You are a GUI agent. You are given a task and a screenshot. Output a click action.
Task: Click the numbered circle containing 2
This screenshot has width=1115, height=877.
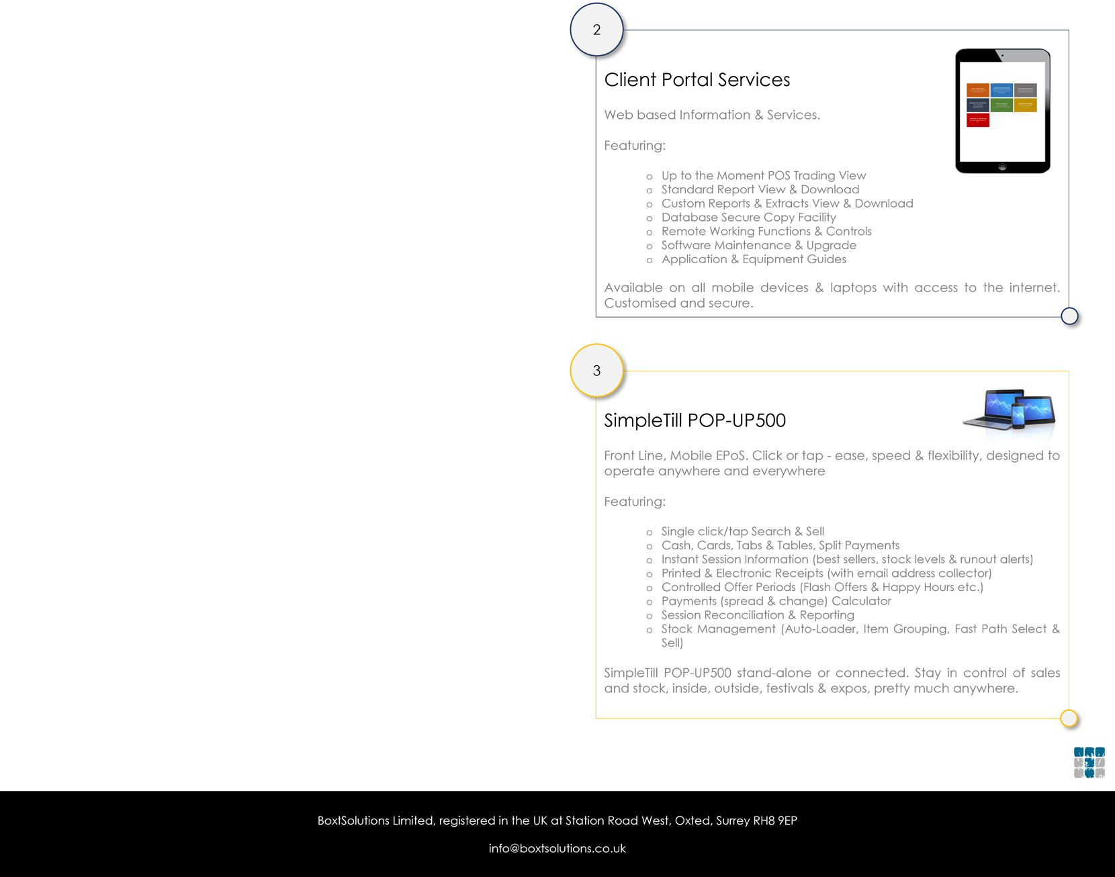[596, 30]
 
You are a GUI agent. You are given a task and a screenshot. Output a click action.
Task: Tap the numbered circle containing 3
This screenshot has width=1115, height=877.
[596, 371]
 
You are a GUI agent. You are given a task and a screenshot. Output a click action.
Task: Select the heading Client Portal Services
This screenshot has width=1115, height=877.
[697, 80]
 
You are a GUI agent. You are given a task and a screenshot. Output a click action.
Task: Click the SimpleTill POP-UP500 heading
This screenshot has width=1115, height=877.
[695, 420]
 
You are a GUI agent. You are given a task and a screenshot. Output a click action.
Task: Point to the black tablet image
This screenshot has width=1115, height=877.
[1002, 111]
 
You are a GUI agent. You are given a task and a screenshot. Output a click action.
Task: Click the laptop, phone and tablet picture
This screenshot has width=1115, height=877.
[1009, 409]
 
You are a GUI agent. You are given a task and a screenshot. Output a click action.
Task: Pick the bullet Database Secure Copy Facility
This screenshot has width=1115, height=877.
[748, 218]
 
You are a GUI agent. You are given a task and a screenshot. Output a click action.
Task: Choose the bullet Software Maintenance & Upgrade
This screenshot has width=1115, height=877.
[758, 246]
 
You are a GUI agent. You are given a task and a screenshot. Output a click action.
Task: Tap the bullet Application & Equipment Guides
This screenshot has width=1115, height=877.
[754, 259]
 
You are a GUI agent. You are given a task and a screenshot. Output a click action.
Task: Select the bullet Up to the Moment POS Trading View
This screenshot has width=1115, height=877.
[763, 176]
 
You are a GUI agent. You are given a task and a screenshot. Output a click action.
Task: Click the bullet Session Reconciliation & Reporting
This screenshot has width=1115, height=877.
[758, 615]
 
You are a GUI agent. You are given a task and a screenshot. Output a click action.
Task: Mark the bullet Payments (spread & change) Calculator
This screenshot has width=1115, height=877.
[776, 602]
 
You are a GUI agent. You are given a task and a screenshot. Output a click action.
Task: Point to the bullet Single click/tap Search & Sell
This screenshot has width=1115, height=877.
[742, 532]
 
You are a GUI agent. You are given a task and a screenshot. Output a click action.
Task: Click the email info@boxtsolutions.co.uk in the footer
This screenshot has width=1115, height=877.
[557, 849]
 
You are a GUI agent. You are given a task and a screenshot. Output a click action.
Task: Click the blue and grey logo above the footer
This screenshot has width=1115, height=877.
[1089, 763]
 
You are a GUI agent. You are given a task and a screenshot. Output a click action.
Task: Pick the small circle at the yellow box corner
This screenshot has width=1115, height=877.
[1069, 719]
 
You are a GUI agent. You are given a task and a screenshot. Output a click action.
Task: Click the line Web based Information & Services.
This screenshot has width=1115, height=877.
[711, 116]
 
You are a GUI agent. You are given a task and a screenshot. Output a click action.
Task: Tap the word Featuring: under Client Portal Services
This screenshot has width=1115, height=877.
[635, 146]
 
